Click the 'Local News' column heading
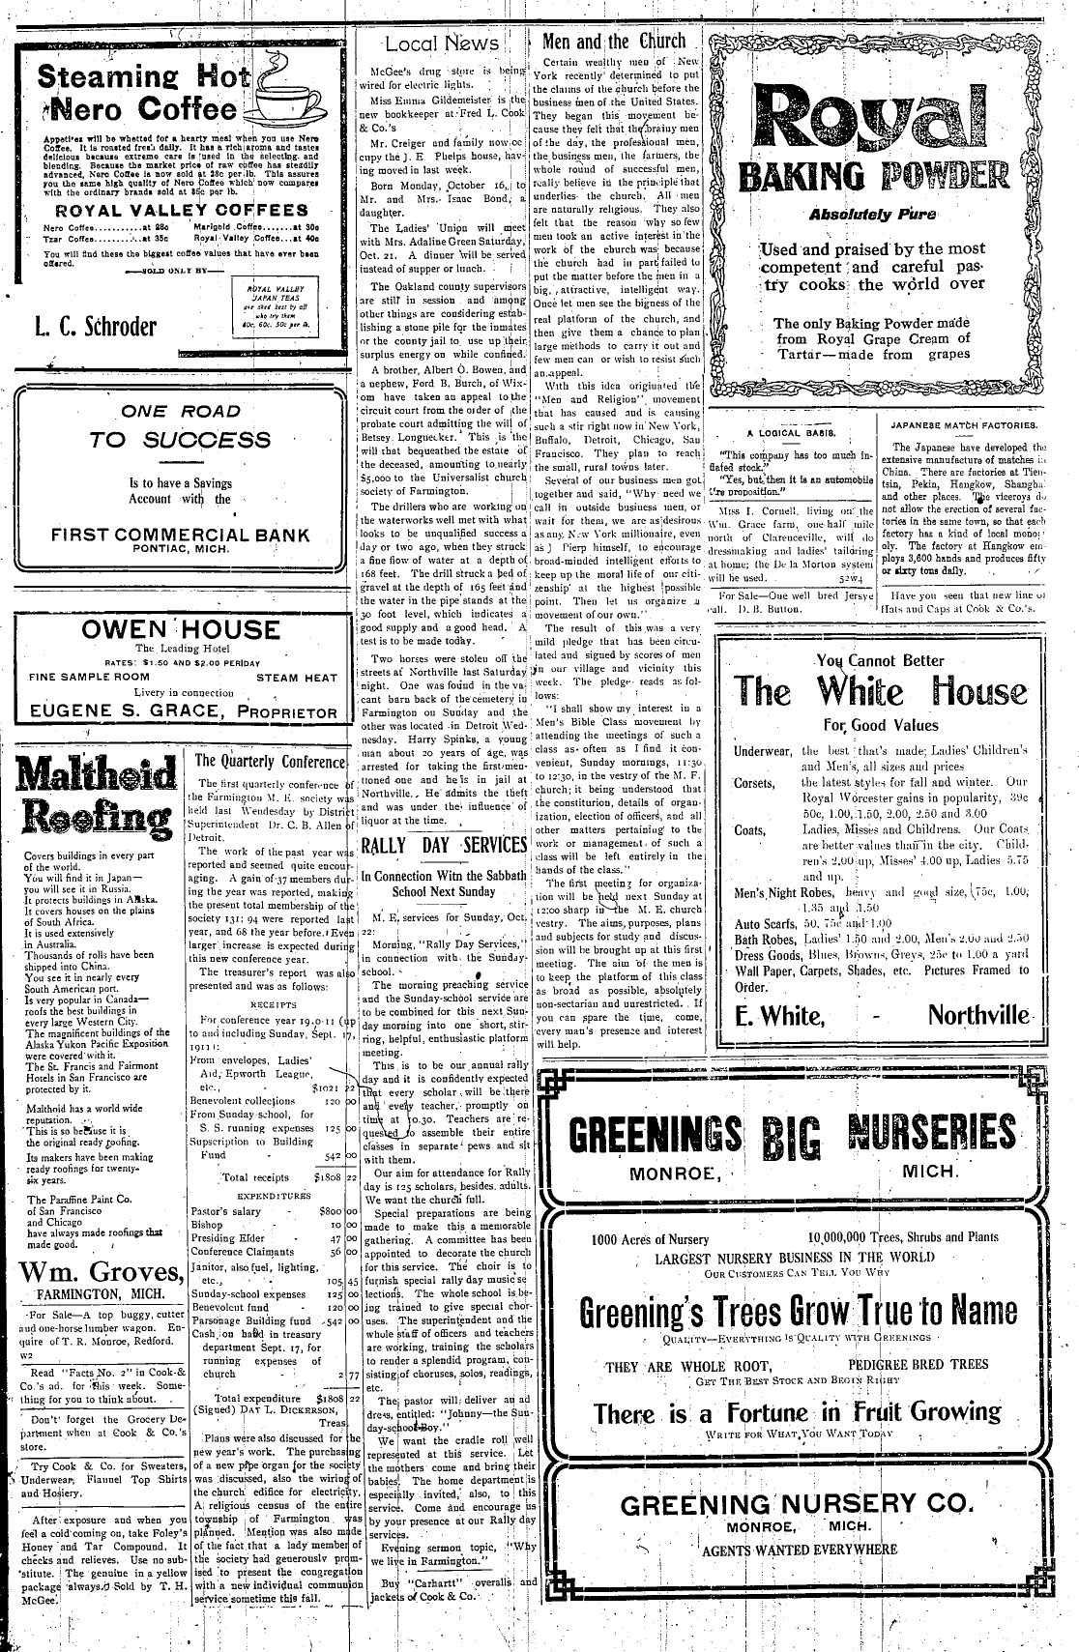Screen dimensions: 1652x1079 (x=442, y=43)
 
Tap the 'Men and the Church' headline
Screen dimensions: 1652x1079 (x=614, y=41)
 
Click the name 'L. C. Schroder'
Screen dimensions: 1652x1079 (x=95, y=326)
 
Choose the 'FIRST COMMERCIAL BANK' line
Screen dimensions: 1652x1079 (x=181, y=535)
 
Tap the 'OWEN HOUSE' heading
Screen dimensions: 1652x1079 (x=180, y=630)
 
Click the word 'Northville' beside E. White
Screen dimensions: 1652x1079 (x=978, y=1015)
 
